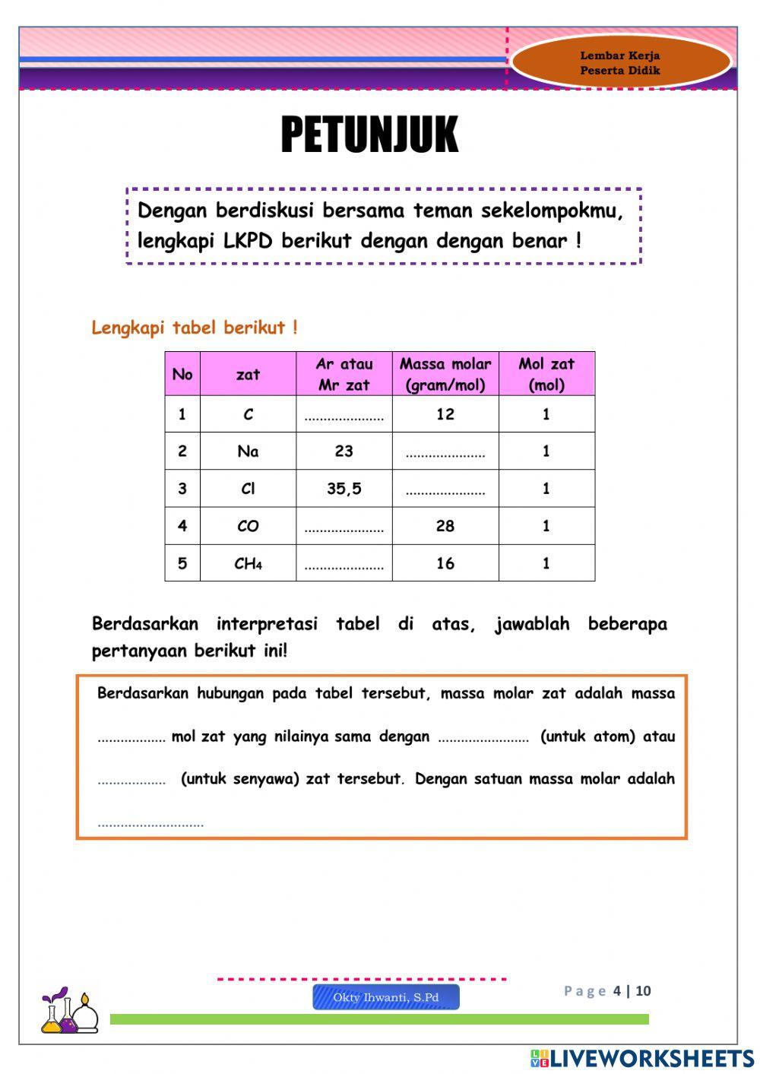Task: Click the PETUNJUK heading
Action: point(369,135)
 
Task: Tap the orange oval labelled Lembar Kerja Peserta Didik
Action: point(620,62)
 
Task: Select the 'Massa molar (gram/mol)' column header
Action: point(445,374)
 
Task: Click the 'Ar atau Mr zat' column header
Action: point(344,374)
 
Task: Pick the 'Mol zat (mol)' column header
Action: point(546,374)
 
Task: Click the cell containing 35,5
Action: point(344,489)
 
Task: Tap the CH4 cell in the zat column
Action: point(248,563)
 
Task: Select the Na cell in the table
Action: point(248,451)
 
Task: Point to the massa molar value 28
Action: point(445,526)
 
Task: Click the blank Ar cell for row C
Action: point(344,416)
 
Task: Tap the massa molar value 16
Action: point(445,563)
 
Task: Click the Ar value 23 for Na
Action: point(344,451)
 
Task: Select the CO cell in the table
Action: point(248,526)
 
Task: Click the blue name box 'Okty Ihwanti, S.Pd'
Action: point(386,997)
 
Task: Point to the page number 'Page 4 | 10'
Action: point(607,990)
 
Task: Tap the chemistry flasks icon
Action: point(69,1011)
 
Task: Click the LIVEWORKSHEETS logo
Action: point(642,1058)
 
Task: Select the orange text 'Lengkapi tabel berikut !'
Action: point(195,328)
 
